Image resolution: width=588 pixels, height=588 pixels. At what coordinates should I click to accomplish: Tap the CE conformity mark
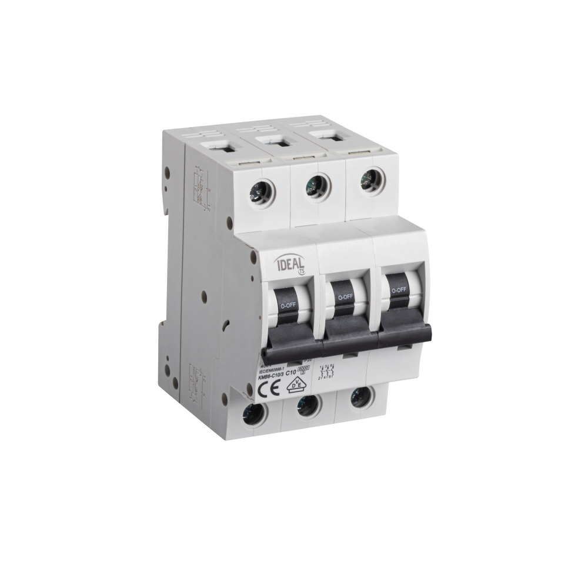[273, 388]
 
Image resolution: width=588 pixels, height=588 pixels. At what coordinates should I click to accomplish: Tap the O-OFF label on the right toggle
[399, 289]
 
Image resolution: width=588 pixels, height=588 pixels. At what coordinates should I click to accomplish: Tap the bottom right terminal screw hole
[360, 398]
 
